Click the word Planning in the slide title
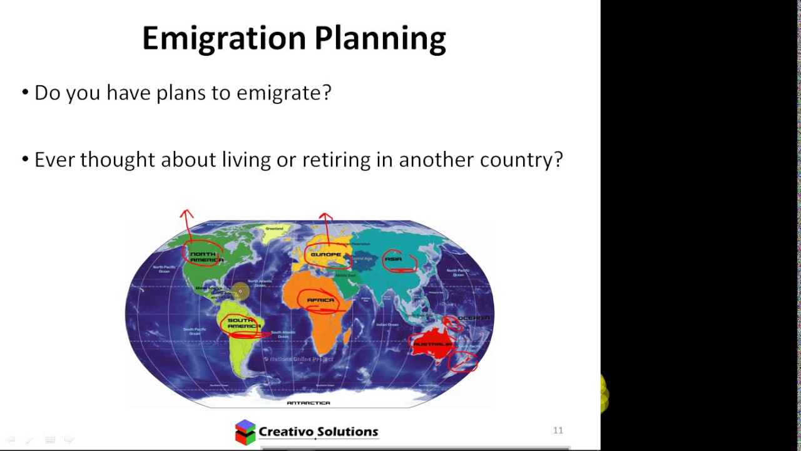click(x=380, y=39)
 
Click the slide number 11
click(x=558, y=430)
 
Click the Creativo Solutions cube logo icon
click(x=245, y=432)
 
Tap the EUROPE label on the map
click(x=325, y=255)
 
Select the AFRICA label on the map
click(x=320, y=301)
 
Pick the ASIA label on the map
click(x=393, y=259)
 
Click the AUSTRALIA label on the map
click(x=432, y=345)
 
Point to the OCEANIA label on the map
click(x=474, y=318)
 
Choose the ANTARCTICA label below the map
click(x=308, y=403)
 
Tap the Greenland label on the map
click(x=274, y=229)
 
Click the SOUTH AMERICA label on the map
click(x=243, y=324)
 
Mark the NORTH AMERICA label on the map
click(x=206, y=257)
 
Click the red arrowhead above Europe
click(x=325, y=217)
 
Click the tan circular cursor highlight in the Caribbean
click(x=240, y=291)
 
